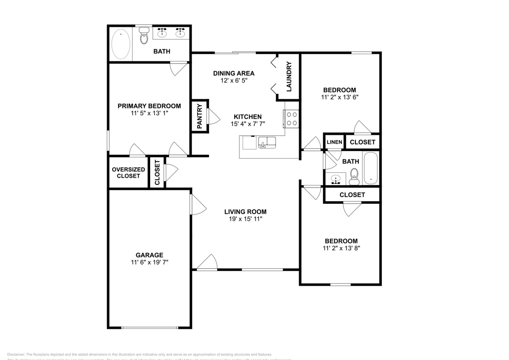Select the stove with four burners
pyautogui.click(x=291, y=119)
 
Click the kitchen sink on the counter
pyautogui.click(x=267, y=142)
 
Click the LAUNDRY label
pyautogui.click(x=289, y=77)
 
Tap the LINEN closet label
pyautogui.click(x=334, y=142)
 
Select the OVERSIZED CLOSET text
pyautogui.click(x=128, y=172)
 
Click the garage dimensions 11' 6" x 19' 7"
pyautogui.click(x=149, y=262)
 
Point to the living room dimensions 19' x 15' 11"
pyautogui.click(x=245, y=219)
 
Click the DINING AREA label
pyautogui.click(x=234, y=73)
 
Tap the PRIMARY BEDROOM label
pyautogui.click(x=149, y=106)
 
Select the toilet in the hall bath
pyautogui.click(x=354, y=176)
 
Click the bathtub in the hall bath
pyautogui.click(x=370, y=168)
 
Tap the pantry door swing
pyautogui.click(x=213, y=116)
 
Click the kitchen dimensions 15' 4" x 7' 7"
pyautogui.click(x=247, y=124)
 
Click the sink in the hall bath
pyautogui.click(x=336, y=179)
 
